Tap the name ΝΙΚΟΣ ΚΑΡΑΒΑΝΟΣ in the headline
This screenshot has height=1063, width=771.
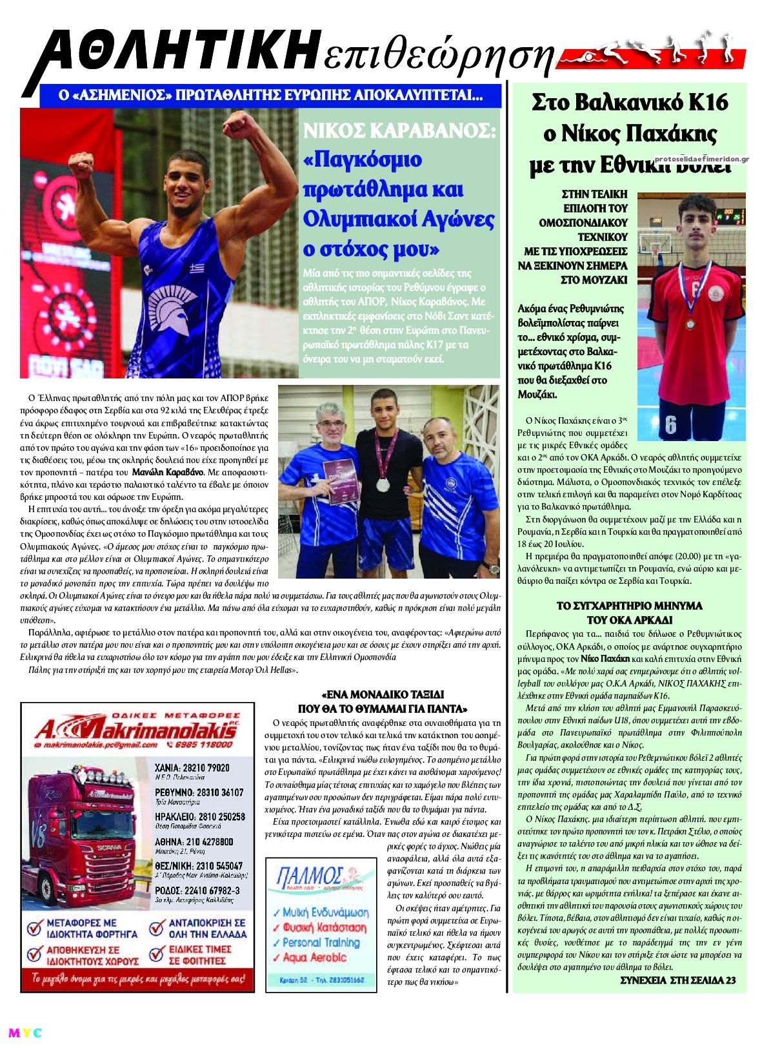[399, 132]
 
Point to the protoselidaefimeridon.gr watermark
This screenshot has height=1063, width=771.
[701, 159]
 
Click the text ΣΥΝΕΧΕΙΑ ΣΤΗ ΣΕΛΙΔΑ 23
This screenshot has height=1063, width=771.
[677, 980]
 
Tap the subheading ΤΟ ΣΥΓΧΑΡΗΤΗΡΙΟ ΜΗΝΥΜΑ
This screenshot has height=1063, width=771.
[629, 606]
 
